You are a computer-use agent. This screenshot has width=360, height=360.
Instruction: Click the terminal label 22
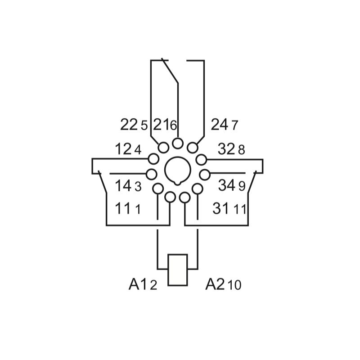[129, 124]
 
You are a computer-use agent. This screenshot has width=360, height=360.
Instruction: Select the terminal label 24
[220, 124]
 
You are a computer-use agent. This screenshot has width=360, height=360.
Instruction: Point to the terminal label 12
[123, 149]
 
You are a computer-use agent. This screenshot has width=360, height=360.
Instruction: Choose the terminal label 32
[227, 149]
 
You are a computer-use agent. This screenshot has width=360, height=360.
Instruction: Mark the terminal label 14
[123, 185]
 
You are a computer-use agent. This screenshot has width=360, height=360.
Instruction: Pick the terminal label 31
[220, 209]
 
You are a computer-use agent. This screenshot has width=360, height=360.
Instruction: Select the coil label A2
[215, 284]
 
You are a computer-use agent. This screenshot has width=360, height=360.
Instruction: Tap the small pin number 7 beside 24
[234, 126]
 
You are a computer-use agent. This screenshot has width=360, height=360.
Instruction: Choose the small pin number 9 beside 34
[242, 186]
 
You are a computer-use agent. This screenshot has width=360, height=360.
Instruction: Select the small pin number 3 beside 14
[138, 186]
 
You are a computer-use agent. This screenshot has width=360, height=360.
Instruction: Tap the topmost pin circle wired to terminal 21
[178, 144]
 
